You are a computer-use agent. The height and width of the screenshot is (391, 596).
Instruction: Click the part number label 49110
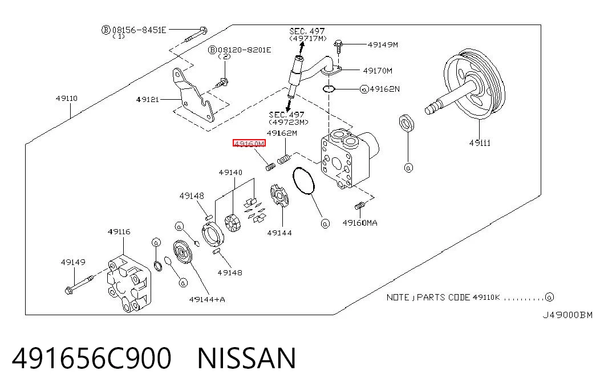click(67, 99)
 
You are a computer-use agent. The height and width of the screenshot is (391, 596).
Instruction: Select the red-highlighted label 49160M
click(249, 143)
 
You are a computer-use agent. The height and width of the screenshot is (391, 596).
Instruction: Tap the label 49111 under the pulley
click(480, 143)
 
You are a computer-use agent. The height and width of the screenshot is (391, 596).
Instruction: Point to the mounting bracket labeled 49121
click(193, 95)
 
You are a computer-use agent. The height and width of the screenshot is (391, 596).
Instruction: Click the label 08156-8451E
click(139, 30)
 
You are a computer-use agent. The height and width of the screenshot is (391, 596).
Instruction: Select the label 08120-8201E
click(245, 50)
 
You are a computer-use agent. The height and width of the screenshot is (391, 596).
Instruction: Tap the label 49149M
click(383, 44)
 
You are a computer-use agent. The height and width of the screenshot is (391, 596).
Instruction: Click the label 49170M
click(378, 71)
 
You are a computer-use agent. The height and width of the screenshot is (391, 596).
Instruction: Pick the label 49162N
click(384, 89)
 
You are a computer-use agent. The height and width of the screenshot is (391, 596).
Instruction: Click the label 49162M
click(282, 133)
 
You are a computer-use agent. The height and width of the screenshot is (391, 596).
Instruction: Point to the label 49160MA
click(360, 223)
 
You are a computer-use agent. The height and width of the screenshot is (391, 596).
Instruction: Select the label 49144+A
click(207, 299)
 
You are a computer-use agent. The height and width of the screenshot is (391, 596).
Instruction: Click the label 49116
click(119, 231)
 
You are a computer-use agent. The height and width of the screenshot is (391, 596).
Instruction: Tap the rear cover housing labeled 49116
click(129, 283)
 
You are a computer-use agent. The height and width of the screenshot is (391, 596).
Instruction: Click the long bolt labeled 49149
click(79, 284)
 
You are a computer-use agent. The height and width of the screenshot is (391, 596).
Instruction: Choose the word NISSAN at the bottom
click(247, 358)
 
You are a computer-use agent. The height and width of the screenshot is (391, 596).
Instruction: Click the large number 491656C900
click(92, 358)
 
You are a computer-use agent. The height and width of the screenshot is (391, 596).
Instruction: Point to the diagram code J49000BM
click(567, 315)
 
